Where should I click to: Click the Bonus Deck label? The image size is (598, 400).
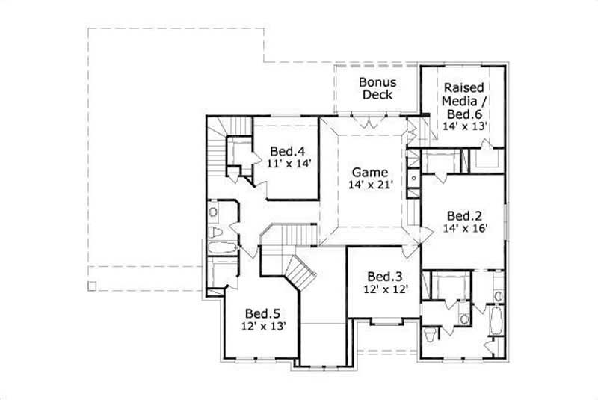pyautogui.click(x=377, y=88)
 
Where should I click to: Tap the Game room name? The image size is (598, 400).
pyautogui.click(x=370, y=173)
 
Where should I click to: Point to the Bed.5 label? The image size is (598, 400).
pyautogui.click(x=262, y=313)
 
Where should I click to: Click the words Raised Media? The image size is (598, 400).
pyautogui.click(x=464, y=94)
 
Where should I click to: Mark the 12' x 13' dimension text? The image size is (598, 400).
pyautogui.click(x=262, y=325)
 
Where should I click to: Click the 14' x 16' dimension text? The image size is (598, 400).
pyautogui.click(x=465, y=229)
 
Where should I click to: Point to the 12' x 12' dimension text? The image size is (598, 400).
pyautogui.click(x=386, y=288)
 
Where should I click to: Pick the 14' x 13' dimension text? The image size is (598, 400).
pyautogui.click(x=465, y=126)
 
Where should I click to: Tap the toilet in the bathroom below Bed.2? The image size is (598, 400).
pyautogui.click(x=430, y=334)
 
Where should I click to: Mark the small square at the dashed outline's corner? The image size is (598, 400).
pyautogui.click(x=92, y=286)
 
